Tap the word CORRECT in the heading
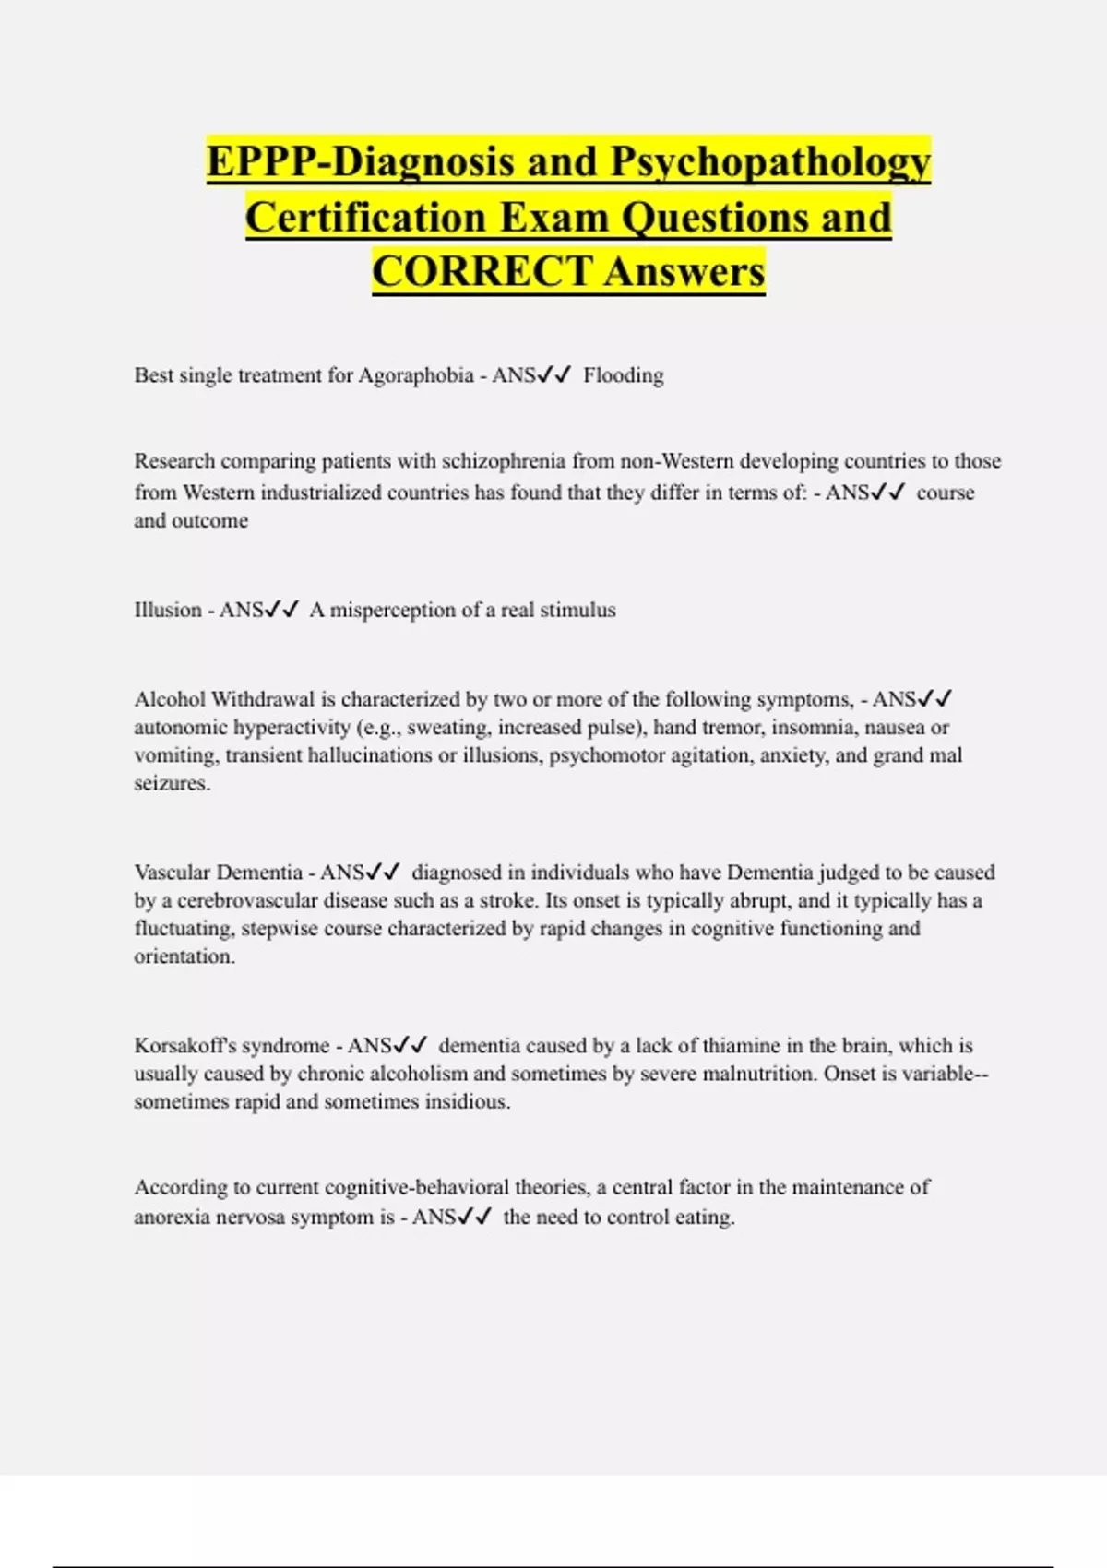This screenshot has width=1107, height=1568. pos(482,272)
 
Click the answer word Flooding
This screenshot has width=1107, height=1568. pos(624,375)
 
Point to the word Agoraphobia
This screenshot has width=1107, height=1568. pos(416,375)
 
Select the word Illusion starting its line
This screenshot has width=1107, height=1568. pos(167,610)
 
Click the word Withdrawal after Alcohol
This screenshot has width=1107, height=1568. pos(263,699)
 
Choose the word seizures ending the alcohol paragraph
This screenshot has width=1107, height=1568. pos(172,783)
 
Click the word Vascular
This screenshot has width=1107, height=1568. pos(173,873)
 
